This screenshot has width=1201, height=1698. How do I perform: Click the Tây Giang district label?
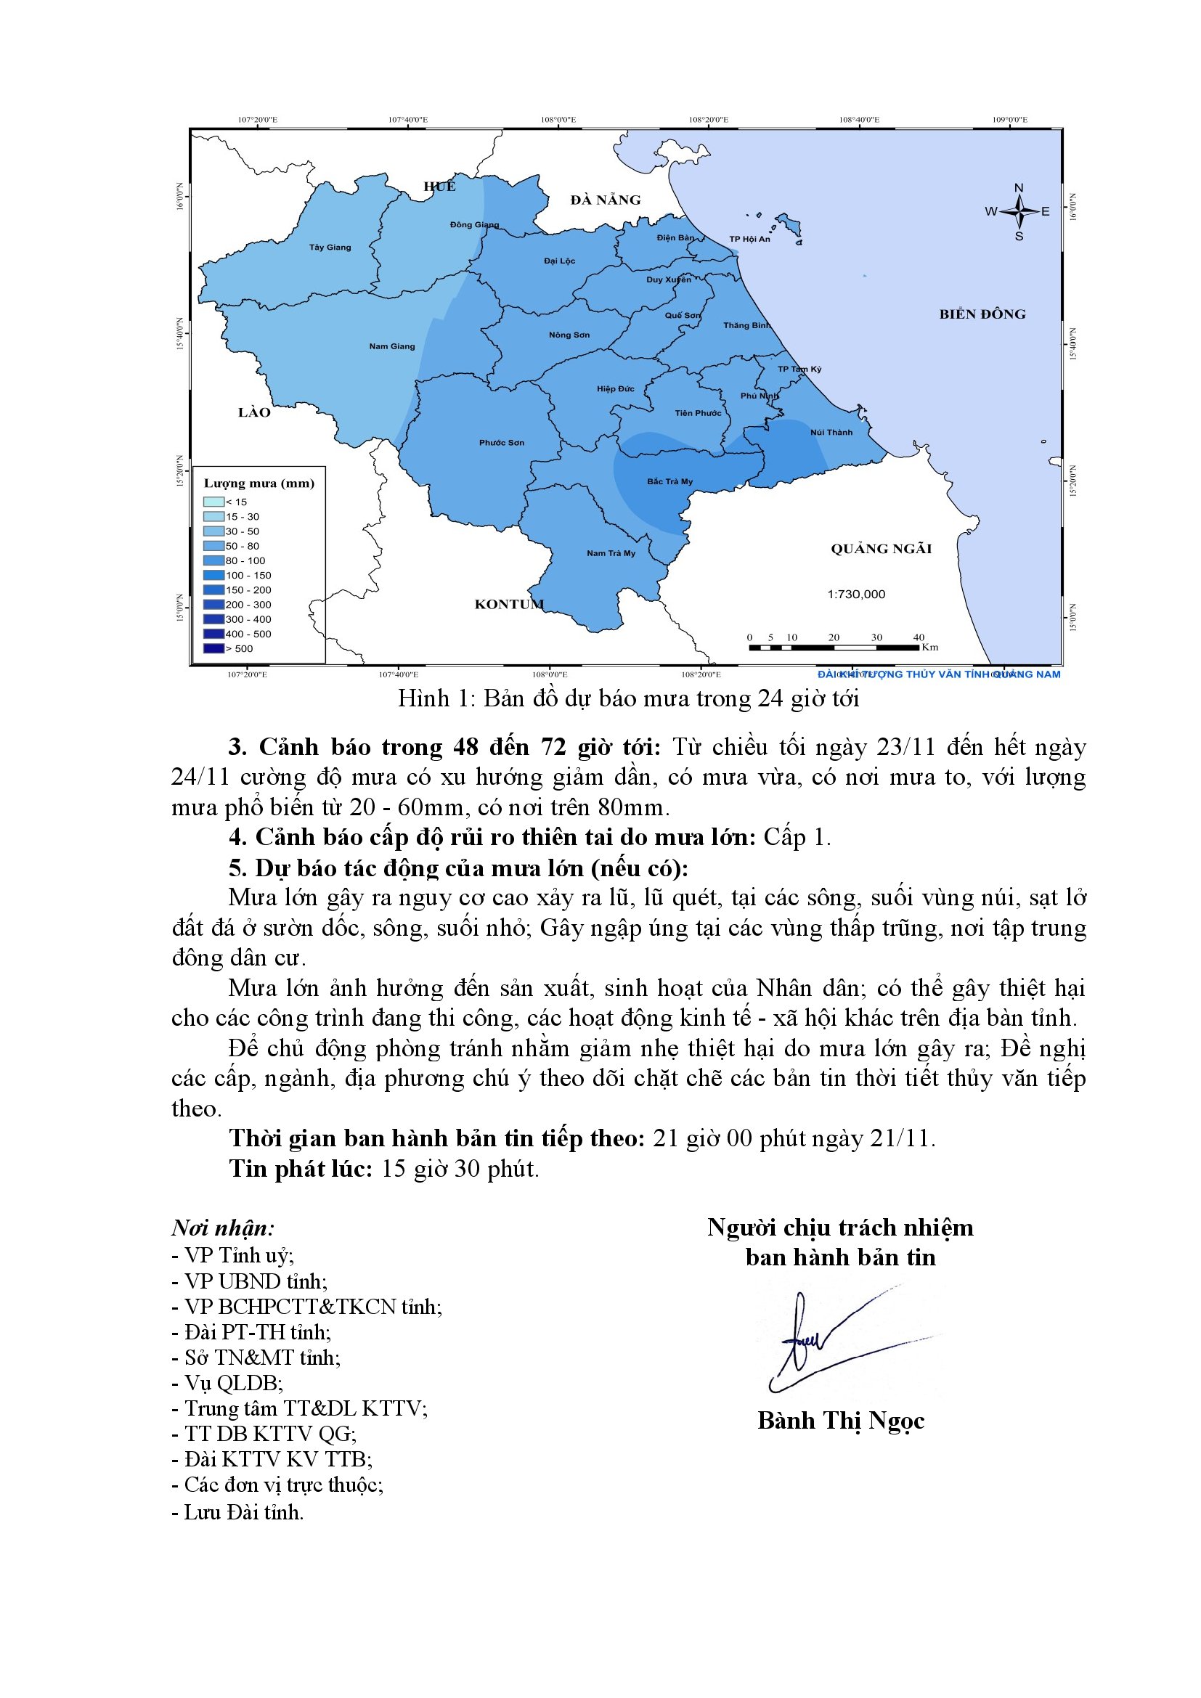330,247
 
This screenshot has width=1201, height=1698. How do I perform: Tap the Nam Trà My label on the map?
611,553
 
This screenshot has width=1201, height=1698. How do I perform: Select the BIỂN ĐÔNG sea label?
982,314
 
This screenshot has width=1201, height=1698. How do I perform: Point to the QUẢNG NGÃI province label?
881,549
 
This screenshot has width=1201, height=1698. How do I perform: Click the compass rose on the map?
1018,211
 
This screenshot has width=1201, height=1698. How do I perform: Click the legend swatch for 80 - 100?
213,560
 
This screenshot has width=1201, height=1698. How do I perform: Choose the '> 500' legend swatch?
213,648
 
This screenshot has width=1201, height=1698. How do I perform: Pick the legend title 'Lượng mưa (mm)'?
258,483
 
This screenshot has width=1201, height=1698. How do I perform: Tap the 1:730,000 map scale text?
855,594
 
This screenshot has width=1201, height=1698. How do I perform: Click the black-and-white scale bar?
834,648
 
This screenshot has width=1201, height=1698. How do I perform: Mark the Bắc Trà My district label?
670,481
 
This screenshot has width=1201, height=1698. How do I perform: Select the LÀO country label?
254,412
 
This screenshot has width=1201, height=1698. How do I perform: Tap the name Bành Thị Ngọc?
841,1421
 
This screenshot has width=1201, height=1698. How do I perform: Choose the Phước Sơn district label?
502,443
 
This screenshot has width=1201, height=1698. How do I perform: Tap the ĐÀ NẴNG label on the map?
605,200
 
